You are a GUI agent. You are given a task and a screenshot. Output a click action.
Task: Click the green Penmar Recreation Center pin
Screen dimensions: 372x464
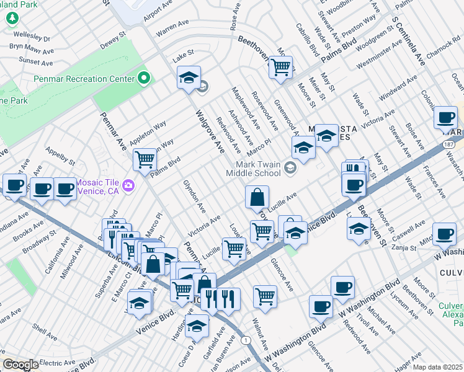[x=145, y=78]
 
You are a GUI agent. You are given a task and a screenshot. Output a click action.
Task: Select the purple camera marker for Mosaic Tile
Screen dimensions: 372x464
[x=128, y=184]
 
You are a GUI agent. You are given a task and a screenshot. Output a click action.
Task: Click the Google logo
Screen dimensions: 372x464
[x=20, y=365]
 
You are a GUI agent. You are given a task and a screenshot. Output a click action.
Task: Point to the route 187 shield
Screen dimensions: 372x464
[x=448, y=143]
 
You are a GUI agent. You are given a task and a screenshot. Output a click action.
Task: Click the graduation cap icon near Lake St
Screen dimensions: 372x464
[x=189, y=78]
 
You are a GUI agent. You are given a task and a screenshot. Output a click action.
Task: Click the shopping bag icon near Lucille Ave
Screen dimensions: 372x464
[x=257, y=198]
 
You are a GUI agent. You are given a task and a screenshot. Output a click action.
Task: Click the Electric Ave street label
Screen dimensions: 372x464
[x=56, y=362]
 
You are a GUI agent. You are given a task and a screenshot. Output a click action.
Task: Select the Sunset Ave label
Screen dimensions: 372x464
[x=35, y=61]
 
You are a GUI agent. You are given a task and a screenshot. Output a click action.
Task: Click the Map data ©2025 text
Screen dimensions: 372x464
[x=437, y=367]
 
